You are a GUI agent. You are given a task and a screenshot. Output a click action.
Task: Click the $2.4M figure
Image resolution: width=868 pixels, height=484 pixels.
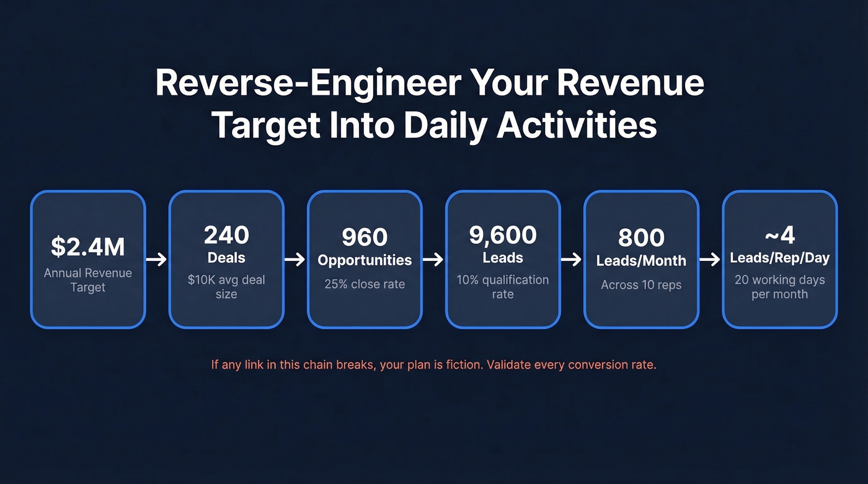(87, 246)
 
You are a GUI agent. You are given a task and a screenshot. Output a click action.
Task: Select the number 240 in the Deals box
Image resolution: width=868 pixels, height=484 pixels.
(226, 235)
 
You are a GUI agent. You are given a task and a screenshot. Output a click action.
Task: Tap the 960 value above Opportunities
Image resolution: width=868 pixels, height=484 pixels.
(365, 237)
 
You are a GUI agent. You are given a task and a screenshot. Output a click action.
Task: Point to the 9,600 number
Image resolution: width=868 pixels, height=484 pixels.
(503, 235)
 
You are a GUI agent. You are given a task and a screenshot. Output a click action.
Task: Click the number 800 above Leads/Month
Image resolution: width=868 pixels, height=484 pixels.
(641, 238)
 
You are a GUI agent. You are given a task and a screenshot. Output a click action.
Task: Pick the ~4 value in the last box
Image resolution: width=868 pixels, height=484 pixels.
(780, 235)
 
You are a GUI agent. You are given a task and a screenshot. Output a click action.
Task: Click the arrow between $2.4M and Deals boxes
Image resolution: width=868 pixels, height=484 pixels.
(157, 259)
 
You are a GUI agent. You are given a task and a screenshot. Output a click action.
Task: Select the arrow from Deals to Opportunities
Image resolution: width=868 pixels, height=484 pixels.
(295, 259)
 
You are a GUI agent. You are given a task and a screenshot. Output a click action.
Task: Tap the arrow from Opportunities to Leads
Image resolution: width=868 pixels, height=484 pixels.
(433, 259)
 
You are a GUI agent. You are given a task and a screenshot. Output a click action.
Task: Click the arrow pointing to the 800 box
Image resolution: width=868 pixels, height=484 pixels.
(572, 259)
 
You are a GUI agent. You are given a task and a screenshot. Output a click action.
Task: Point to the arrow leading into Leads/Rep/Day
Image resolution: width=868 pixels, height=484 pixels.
(711, 259)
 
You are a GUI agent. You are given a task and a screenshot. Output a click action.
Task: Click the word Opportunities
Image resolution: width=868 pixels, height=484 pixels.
(365, 260)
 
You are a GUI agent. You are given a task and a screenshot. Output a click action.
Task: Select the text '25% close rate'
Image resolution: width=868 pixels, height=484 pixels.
(365, 284)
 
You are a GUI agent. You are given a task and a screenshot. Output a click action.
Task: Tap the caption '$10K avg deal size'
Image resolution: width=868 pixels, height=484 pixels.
(226, 286)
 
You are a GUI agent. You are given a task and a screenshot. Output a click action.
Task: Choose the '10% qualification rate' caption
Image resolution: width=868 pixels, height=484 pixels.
(503, 286)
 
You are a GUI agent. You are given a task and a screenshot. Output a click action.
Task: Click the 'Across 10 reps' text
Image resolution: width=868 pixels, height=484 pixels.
(641, 285)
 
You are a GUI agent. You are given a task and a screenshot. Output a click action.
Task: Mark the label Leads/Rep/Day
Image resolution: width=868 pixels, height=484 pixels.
(780, 258)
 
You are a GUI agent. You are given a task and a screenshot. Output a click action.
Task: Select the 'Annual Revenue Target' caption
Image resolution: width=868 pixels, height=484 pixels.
(87, 279)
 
